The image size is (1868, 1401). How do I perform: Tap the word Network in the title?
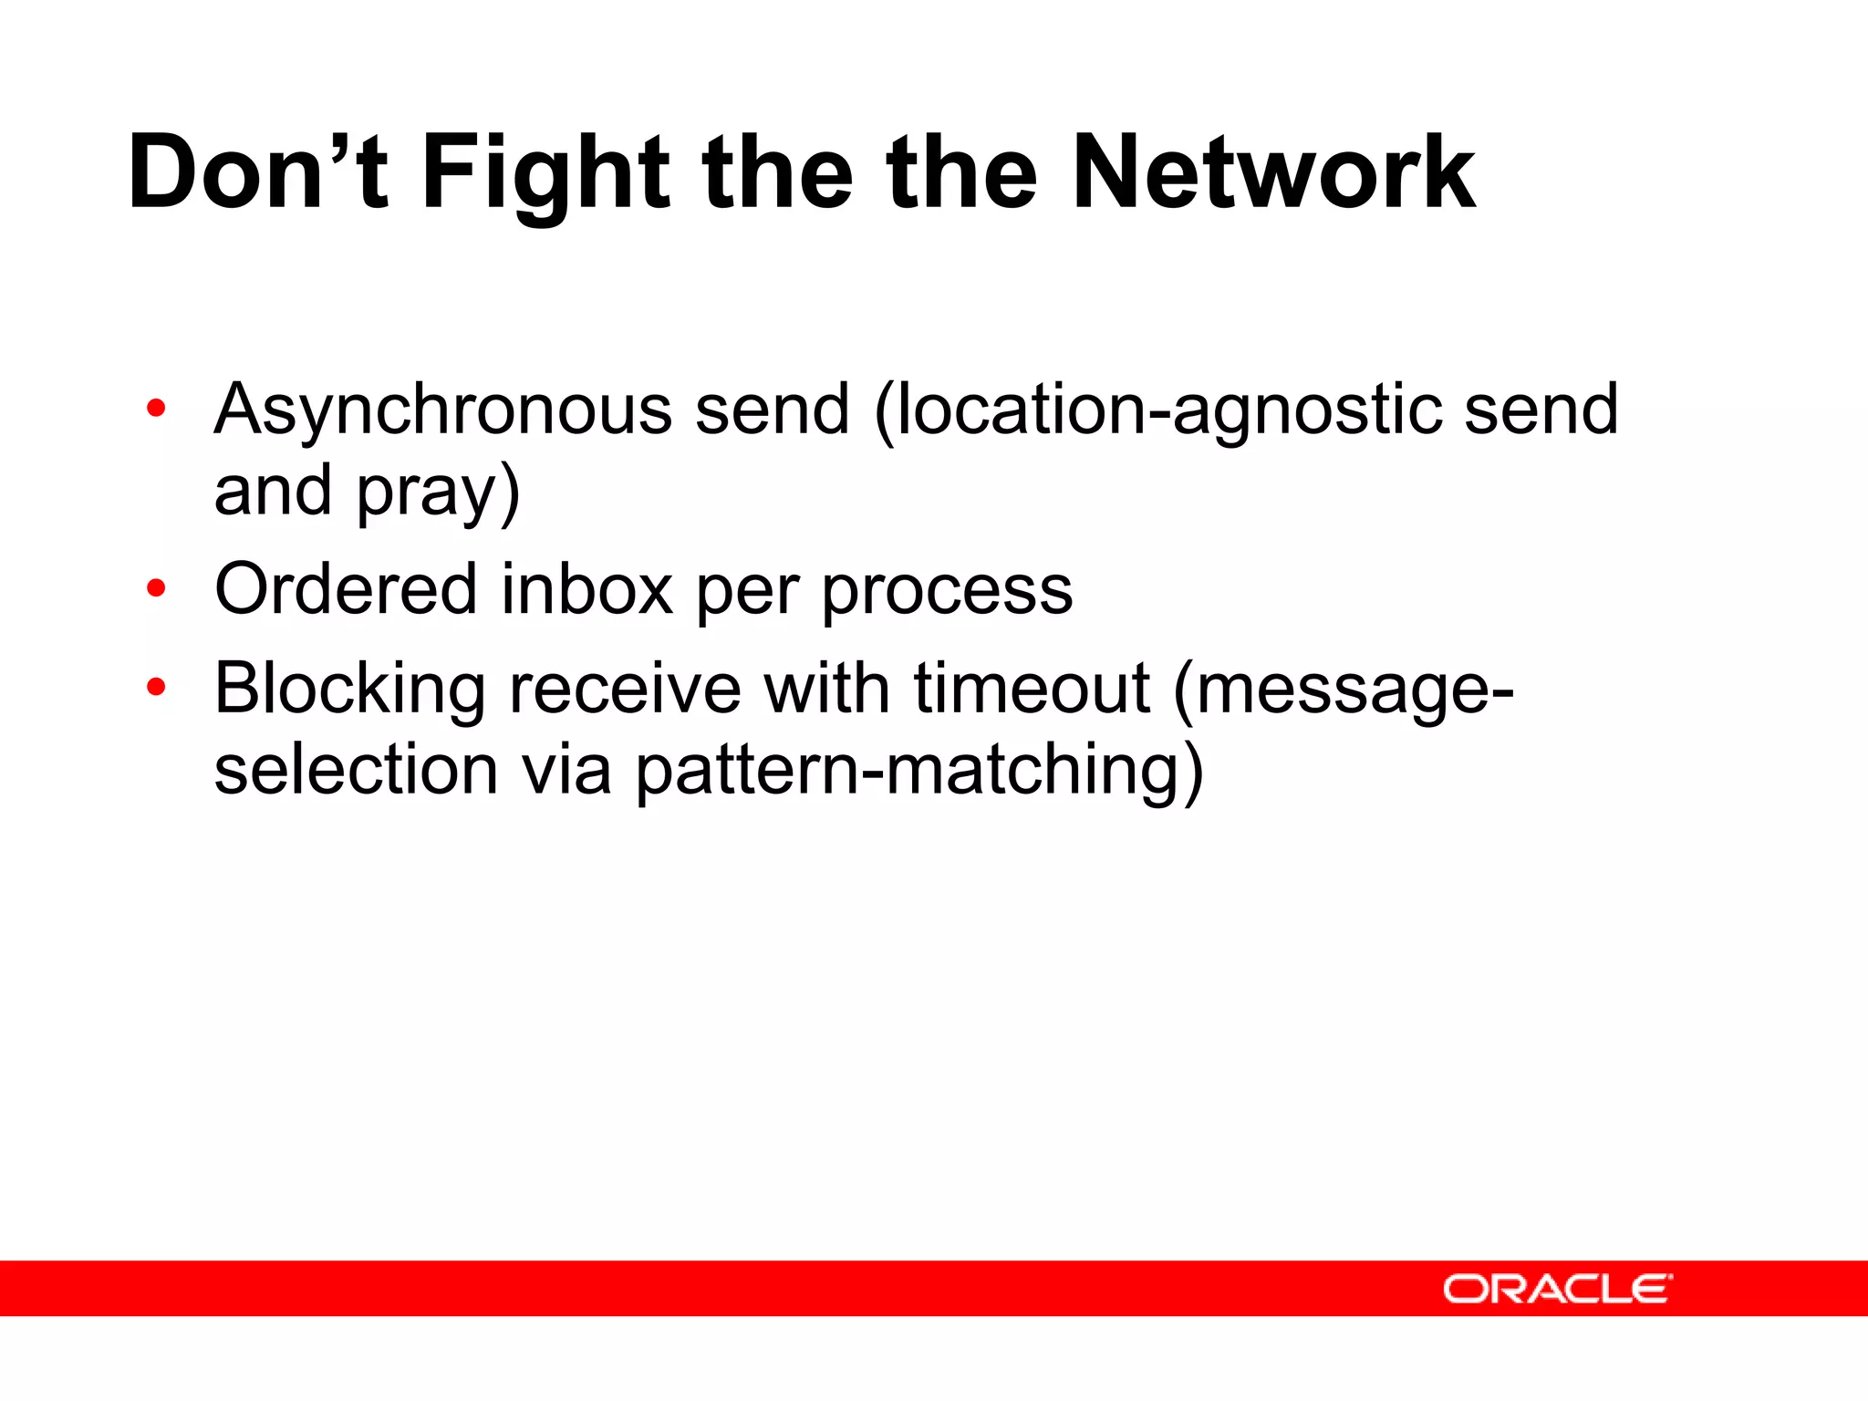(x=1273, y=173)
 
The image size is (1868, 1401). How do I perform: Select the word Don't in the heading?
(x=258, y=173)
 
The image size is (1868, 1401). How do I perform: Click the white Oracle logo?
(x=1557, y=1289)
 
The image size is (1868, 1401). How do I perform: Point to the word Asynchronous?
(x=443, y=410)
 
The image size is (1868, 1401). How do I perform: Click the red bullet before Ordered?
(x=156, y=588)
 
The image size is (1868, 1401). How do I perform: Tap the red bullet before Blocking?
(x=156, y=687)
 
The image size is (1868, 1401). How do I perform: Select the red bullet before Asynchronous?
(x=156, y=409)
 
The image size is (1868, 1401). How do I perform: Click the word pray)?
(x=438, y=493)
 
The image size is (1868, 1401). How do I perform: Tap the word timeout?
(x=1032, y=689)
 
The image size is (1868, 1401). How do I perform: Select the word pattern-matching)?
(x=919, y=771)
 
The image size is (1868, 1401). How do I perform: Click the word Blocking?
(x=350, y=690)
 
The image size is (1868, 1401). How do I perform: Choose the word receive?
(x=625, y=689)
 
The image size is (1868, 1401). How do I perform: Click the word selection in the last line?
(x=357, y=770)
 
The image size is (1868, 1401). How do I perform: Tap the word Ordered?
(x=346, y=590)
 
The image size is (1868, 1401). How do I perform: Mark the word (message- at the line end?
(x=1343, y=690)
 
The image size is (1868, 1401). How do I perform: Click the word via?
(x=566, y=770)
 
